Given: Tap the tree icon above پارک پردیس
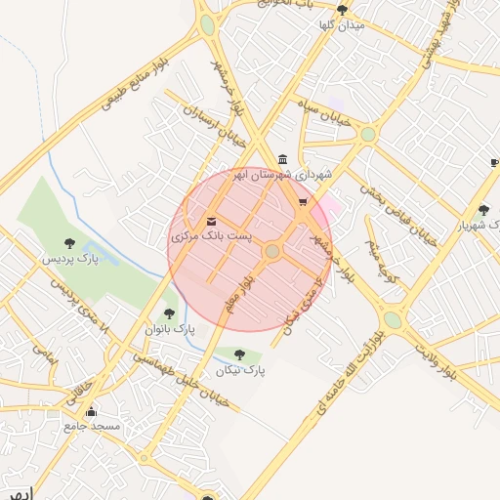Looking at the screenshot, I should tap(69, 243).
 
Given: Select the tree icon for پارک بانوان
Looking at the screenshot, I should tap(170, 313).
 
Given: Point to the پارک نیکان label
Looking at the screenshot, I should tap(240, 371).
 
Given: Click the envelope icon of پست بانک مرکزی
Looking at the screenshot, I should tap(212, 221).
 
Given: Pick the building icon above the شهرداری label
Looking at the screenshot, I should tap(283, 159).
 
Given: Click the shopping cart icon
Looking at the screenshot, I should tap(303, 203).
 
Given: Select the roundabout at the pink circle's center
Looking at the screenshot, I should tap(272, 252).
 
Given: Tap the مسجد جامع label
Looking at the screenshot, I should tap(92, 426).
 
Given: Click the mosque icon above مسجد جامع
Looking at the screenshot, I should tap(92, 411).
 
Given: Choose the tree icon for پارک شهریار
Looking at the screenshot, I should tap(484, 209).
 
